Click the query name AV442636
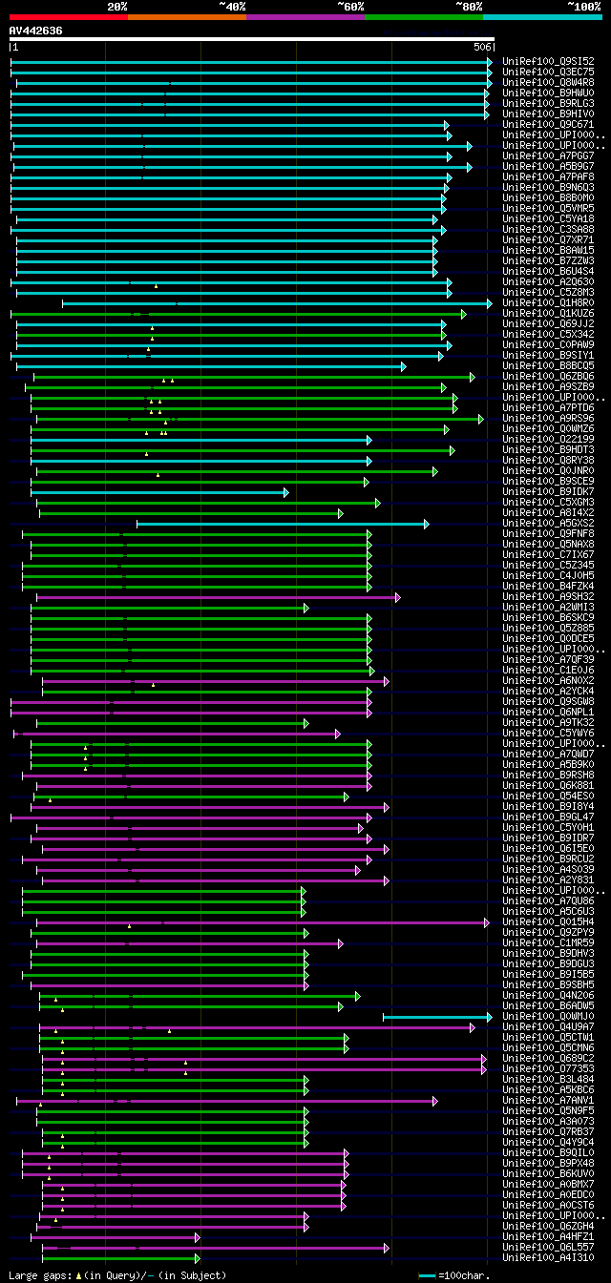35,31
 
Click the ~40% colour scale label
232,6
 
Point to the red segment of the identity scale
68,16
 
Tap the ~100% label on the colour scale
583,6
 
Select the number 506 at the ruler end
481,47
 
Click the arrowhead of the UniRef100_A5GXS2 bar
427,524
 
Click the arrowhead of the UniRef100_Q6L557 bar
387,1248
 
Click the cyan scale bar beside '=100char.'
426,1275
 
